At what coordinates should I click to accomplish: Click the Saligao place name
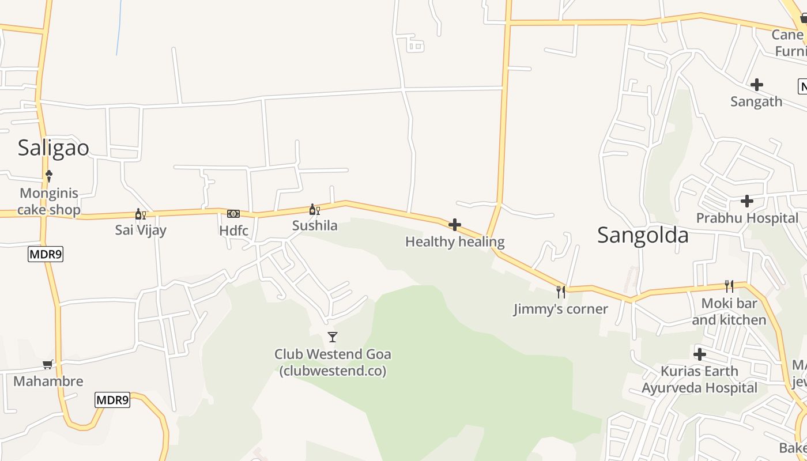53,148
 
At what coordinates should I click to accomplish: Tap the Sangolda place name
643,235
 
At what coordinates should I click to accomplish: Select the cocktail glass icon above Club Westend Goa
333,337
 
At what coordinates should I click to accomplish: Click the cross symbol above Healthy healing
455,225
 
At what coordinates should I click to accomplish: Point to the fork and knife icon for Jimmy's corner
560,292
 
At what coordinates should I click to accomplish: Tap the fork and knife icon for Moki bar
729,286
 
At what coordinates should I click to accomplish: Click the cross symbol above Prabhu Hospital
747,201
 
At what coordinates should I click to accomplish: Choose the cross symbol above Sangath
757,85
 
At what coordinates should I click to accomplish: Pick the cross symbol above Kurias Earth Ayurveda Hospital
700,354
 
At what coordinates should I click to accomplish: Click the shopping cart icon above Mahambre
48,364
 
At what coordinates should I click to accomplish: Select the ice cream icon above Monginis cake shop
49,175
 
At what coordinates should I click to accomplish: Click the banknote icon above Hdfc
233,214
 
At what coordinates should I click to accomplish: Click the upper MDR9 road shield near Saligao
46,254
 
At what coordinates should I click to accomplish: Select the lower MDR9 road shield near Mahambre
112,400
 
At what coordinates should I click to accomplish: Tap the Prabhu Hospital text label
747,218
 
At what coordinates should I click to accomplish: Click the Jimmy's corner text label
560,309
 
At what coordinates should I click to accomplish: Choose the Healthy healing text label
455,241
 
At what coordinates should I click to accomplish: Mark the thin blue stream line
119,29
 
